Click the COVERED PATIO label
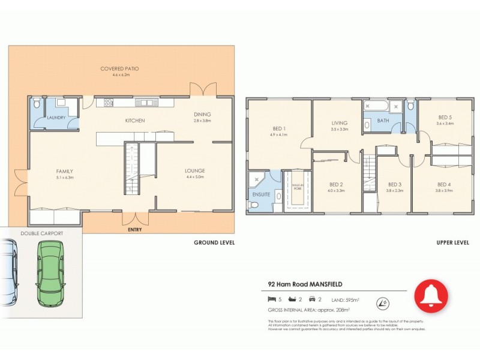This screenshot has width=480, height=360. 119,69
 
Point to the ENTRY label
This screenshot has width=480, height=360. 135,229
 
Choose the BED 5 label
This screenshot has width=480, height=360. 444,118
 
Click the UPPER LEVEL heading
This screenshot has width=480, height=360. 453,243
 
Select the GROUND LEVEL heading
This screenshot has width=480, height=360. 214,243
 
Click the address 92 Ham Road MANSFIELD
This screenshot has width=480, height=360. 305,286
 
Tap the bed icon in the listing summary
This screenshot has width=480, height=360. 271,299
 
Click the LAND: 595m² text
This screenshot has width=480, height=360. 346,299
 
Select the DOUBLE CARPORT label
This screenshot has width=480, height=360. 41,233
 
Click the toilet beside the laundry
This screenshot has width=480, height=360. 37,104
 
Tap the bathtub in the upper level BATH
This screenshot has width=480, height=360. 377,106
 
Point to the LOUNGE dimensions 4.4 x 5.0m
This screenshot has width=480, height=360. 196,177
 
